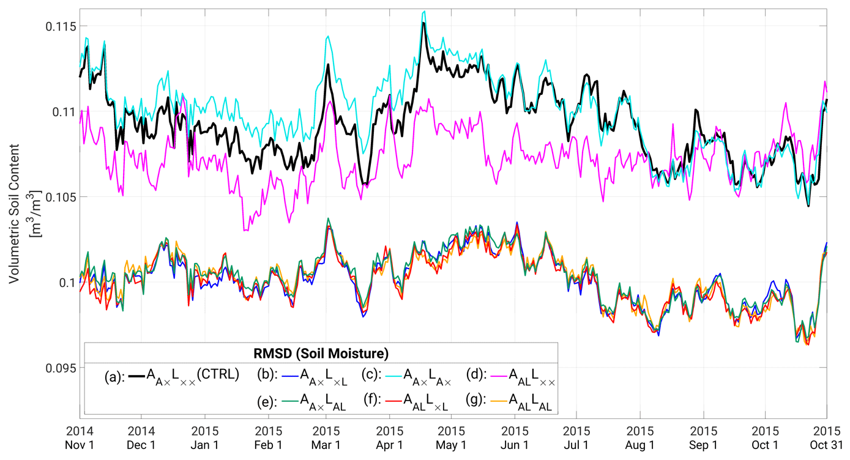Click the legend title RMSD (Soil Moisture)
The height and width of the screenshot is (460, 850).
[321, 354]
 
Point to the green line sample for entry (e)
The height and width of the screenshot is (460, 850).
[291, 401]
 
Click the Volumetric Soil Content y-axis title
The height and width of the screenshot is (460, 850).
[19, 213]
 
